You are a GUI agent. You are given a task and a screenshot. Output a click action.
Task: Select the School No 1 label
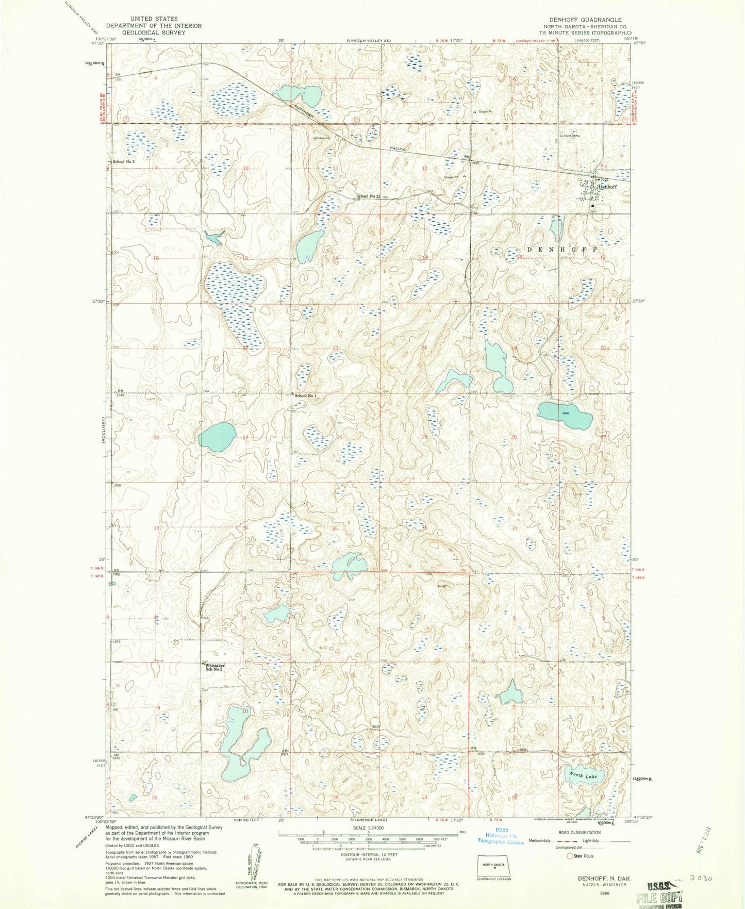305,395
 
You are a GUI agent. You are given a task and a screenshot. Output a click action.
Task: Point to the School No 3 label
124,162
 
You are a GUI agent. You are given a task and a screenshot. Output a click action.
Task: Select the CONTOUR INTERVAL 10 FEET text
368,854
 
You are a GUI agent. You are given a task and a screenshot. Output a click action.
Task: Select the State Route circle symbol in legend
570,856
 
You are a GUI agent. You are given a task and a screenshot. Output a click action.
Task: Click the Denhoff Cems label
570,136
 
